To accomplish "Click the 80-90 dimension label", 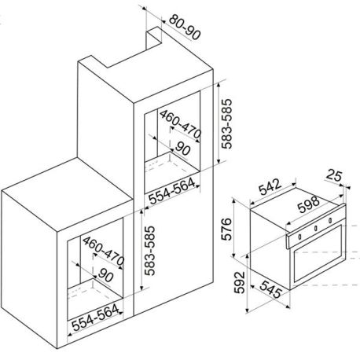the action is pos(185,27).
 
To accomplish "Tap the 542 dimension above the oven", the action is pos(270,186).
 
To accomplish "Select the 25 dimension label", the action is pos(333,175).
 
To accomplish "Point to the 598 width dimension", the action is pos(309,204).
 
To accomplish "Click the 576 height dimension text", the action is pos(226,229).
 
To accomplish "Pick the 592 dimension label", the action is pos(239,282).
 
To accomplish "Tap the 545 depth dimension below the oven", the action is pos(271,289).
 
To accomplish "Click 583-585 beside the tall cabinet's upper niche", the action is pos(226,123).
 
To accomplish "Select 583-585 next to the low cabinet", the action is pos(149,251).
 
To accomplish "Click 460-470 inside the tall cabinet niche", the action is pos(180,124).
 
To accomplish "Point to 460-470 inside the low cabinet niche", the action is pos(103,251).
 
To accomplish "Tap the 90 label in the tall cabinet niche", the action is pos(182,149).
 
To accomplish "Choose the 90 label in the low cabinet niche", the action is pos(105,275).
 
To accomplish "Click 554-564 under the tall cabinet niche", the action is pos(172,191).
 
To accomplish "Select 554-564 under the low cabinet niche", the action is pos(95,318).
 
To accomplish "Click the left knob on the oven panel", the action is pos(299,237).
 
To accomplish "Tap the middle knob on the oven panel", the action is pos(316,229).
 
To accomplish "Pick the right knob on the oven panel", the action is pos(330,221).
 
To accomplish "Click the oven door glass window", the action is pos(318,253).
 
